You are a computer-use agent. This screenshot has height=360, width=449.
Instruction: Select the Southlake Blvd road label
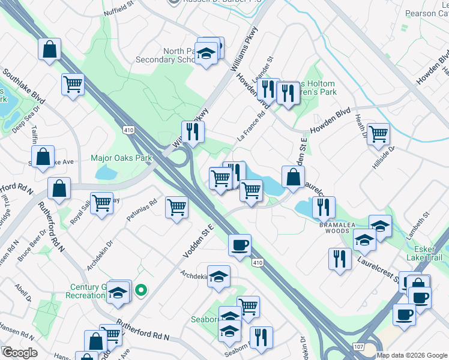[23, 88]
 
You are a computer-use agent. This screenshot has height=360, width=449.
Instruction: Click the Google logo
[19, 352]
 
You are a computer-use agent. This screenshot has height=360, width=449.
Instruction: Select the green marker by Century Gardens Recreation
[141, 291]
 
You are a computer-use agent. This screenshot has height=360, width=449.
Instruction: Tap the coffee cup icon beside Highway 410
[240, 245]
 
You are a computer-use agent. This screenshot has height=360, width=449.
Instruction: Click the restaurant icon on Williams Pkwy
[193, 132]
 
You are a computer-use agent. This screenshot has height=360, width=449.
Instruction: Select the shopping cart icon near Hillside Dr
[378, 134]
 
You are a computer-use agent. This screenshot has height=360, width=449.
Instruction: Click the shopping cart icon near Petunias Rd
[176, 208]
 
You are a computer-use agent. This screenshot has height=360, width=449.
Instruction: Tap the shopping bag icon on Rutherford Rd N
[59, 188]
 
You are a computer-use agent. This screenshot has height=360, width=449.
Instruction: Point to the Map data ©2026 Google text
[411, 355]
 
